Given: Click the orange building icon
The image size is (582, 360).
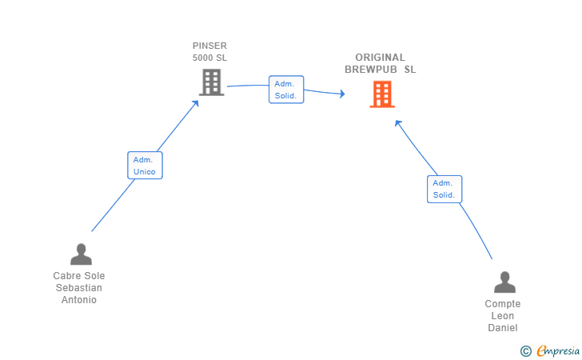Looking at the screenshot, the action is tap(382, 94).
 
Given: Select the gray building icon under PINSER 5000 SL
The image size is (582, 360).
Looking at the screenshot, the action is tap(212, 82).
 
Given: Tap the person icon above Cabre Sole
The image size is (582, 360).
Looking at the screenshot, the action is tap(81, 254).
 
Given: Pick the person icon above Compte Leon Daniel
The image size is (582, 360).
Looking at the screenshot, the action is tap(504, 282).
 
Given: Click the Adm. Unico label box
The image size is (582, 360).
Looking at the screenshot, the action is tap(145, 166).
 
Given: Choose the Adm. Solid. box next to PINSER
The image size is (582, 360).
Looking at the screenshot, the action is tap(286, 90).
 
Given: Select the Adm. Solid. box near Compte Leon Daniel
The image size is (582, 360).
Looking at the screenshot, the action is tap(444, 189).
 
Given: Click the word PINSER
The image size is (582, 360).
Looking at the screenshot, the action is tap(209, 46).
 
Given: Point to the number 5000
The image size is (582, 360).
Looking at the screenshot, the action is tap(203, 58).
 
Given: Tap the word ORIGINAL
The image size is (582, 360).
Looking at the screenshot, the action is tap(380, 58).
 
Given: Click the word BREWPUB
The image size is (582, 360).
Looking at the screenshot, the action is tap(370, 70).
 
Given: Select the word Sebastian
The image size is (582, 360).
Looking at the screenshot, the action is tap(78, 287).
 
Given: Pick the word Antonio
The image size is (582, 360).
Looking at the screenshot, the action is tap(78, 300).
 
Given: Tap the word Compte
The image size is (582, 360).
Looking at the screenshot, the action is tap(503, 303).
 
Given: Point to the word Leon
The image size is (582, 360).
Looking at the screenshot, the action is tap(503, 316).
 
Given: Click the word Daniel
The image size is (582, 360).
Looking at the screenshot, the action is tap(503, 328).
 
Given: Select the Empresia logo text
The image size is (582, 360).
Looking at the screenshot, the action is tap(558, 350).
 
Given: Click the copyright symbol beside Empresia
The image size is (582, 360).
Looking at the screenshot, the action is tap(525, 351).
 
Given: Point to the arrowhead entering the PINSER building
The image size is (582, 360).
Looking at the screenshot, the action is tap(196, 103).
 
